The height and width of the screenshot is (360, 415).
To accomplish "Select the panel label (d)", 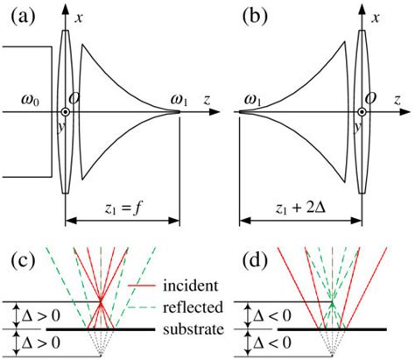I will (231, 262).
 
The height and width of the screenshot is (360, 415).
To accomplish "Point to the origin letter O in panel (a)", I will (78, 98).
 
